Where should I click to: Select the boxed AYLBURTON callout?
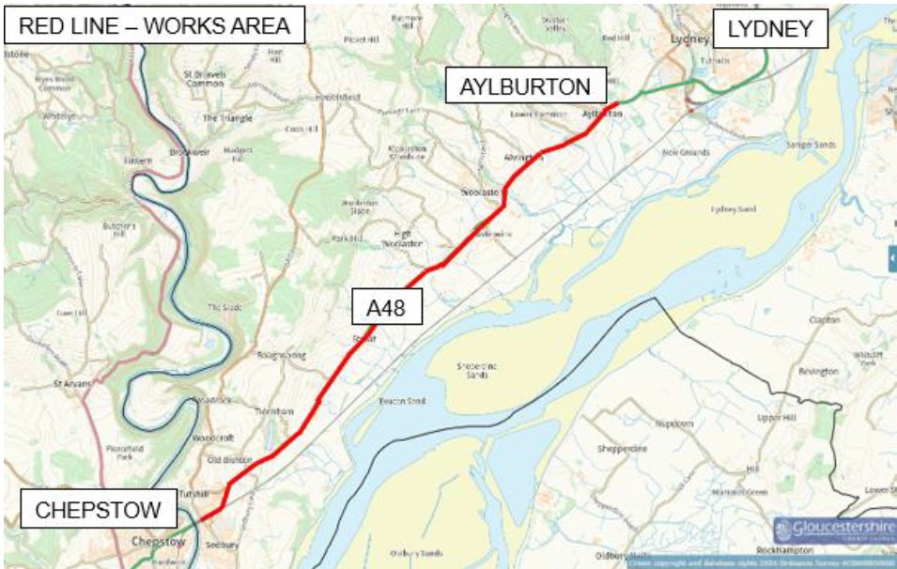pyautogui.click(x=525, y=87)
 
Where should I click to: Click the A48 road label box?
pyautogui.click(x=387, y=307)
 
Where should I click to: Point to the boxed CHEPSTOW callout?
pyautogui.click(x=98, y=511)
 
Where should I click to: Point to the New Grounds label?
pyautogui.click(x=685, y=152)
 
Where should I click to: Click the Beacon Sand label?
pyautogui.click(x=403, y=401)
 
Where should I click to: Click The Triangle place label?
pyautogui.click(x=224, y=118)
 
